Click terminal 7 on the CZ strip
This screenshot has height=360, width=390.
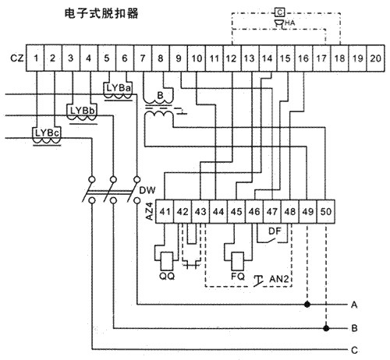click(143, 58)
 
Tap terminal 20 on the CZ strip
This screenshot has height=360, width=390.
click(375, 58)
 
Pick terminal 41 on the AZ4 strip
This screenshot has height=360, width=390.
click(165, 212)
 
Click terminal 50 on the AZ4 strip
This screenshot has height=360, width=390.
click(326, 212)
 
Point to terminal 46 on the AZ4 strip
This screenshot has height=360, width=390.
click(254, 212)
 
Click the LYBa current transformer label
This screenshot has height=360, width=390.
click(119, 88)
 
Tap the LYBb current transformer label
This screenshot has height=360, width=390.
click(83, 111)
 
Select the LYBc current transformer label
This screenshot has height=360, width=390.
click(47, 132)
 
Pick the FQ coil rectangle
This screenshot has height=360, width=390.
click(238, 261)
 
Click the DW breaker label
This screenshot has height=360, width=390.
click(147, 190)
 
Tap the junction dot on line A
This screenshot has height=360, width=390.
click(307, 304)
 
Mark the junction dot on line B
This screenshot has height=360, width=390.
click(326, 328)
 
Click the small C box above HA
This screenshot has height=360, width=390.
click(279, 12)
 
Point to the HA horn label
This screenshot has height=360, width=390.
click(290, 23)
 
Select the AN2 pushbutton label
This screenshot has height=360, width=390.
click(279, 279)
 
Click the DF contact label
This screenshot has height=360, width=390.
click(275, 231)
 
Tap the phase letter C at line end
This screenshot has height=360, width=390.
click(354, 351)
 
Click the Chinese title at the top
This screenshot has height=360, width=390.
click(101, 13)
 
